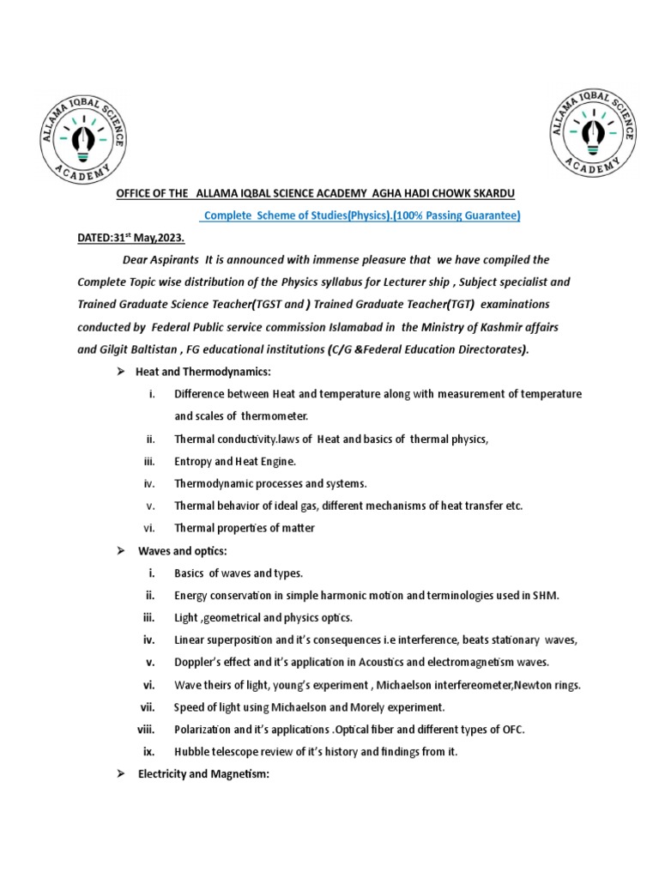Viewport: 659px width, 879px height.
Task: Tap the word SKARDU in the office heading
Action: (x=492, y=194)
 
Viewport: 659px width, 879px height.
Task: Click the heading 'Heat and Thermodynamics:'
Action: (x=203, y=371)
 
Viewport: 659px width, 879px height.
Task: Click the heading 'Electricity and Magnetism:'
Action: (x=203, y=774)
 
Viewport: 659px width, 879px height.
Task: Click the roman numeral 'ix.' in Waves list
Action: (x=148, y=752)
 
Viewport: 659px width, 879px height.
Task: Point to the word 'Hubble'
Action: (x=192, y=752)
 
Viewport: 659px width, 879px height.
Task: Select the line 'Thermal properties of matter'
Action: (x=244, y=528)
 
